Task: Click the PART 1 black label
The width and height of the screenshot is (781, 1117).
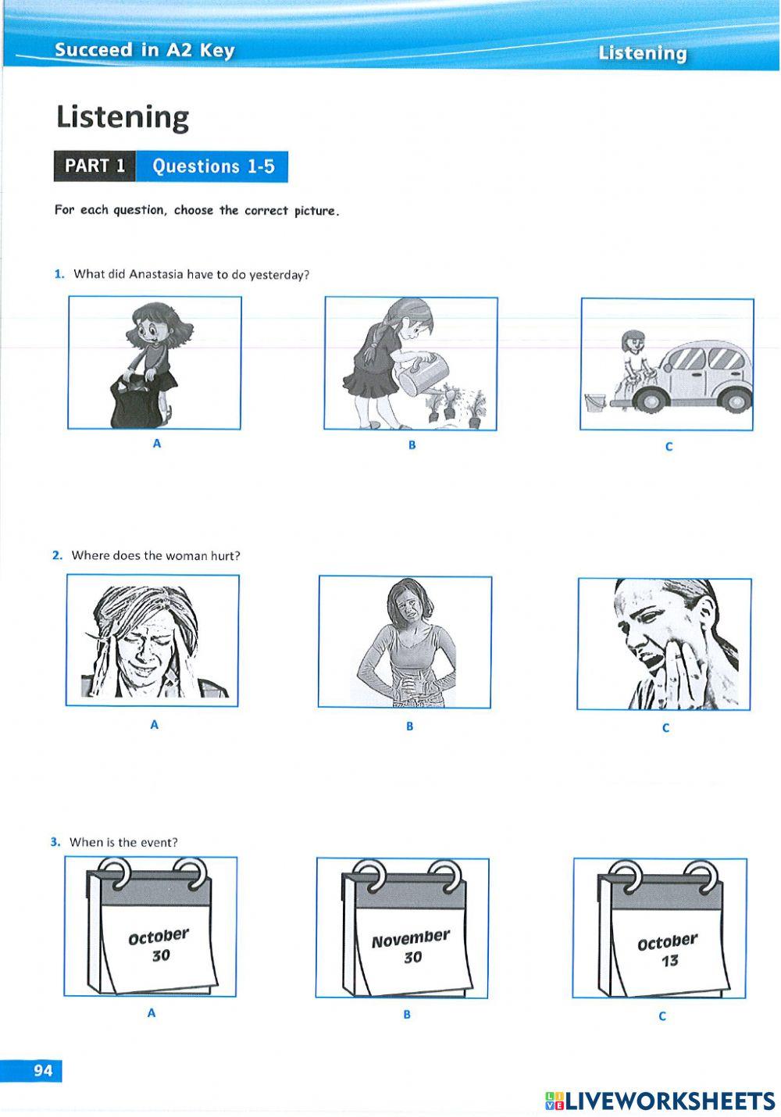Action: (95, 166)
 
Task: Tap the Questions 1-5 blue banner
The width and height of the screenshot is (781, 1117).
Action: (212, 166)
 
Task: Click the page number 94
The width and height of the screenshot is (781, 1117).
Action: (42, 1070)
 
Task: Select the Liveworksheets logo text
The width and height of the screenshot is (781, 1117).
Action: (660, 1101)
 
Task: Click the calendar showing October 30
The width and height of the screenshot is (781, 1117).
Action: (152, 927)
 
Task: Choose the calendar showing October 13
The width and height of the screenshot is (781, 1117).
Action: (661, 930)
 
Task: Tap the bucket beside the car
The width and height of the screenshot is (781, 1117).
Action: (595, 402)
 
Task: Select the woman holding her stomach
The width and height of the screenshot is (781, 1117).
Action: (405, 643)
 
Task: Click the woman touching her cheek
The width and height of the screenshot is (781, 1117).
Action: (664, 644)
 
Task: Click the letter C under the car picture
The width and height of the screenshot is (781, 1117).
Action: (669, 447)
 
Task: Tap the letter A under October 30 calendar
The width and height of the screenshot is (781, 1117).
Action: (152, 1012)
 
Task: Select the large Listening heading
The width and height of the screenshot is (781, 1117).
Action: (123, 117)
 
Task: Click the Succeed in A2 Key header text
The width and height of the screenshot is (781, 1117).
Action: (144, 50)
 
